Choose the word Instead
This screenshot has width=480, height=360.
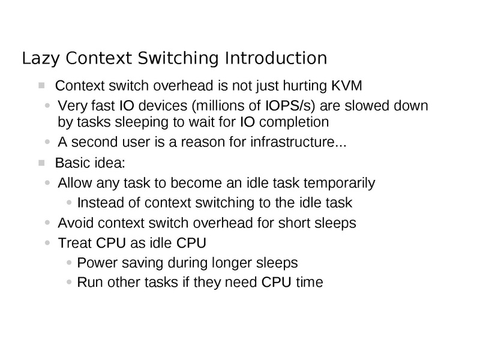97,202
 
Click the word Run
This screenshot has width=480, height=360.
89,282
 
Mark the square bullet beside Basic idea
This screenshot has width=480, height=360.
41,163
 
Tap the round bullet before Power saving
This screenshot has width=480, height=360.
71,263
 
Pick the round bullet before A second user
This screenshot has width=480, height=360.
49,143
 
